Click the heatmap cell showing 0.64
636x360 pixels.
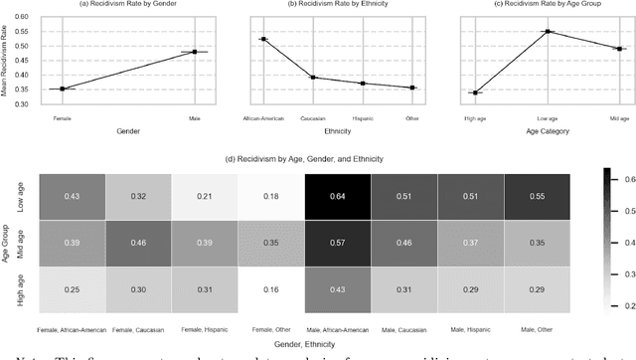pos(338,196)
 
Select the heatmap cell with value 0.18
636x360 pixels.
pos(271,196)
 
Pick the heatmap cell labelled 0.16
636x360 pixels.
pos(271,288)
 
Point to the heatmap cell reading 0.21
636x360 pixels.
pos(205,196)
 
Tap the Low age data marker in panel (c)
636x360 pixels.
pos(546,32)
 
